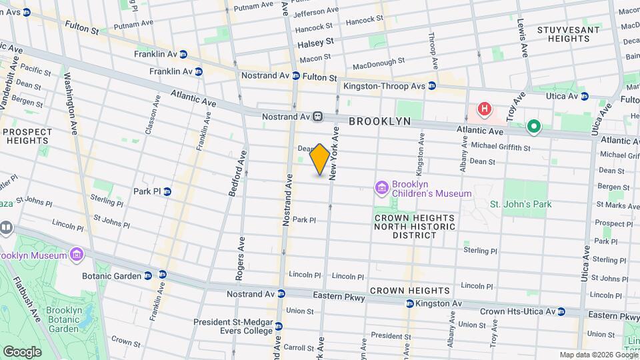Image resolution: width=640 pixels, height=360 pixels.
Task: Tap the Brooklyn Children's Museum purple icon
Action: coord(381,188)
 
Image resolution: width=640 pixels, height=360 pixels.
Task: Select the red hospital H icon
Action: coord(485,108)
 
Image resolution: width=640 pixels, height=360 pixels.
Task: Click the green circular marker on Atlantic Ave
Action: coord(533,125)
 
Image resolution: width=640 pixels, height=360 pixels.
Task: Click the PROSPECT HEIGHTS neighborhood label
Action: coord(27,136)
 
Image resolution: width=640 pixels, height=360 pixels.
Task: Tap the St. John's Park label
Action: coord(521,204)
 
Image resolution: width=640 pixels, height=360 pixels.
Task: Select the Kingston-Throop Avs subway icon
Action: coord(432,86)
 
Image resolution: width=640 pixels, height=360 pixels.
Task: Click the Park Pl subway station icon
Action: coord(167,191)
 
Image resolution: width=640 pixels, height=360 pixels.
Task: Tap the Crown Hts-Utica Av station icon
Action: coord(561,311)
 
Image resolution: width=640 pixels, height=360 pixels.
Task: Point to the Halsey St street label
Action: coord(315,42)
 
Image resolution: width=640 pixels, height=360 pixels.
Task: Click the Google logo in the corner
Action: coord(22,351)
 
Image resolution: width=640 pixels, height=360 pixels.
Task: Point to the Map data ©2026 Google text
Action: coord(598,355)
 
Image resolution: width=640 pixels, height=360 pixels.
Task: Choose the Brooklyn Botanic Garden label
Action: coord(63,319)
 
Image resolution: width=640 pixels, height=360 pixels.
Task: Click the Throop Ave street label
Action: coord(433,51)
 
